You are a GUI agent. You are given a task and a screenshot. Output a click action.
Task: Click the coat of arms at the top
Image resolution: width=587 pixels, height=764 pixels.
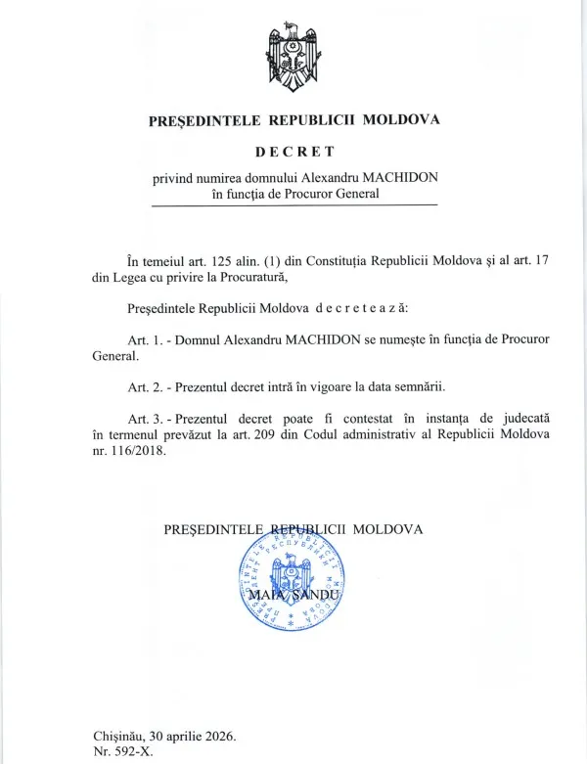click(293, 58)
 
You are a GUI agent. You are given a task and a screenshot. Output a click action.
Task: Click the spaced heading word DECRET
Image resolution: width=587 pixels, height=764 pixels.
click(293, 152)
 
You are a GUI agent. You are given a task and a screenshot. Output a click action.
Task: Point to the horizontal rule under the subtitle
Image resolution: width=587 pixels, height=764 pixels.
click(293, 205)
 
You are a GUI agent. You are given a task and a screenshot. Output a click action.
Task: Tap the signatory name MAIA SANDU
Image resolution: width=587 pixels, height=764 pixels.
click(293, 595)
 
